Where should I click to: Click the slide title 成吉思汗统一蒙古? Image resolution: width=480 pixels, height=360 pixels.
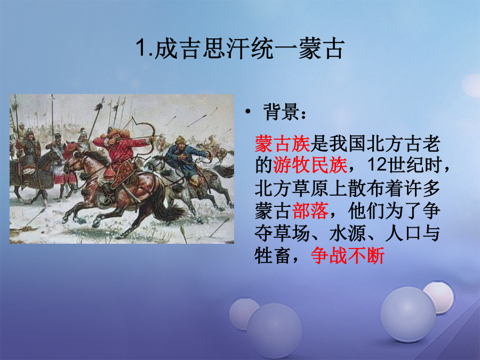(249, 49)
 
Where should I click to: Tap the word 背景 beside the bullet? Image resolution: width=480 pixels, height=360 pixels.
(281, 112)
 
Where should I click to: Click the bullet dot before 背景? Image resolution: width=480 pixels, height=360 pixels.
(248, 112)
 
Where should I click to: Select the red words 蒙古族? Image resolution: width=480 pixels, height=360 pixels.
(283, 143)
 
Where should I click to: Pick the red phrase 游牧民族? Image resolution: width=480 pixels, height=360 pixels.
(310, 165)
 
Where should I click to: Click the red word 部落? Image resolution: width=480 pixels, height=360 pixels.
(310, 211)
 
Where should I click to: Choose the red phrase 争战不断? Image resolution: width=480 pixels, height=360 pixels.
(348, 255)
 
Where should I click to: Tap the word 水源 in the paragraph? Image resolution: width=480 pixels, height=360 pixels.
(348, 233)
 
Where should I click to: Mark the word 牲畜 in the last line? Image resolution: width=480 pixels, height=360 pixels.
(273, 255)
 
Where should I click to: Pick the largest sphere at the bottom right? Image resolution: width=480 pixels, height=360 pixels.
(408, 314)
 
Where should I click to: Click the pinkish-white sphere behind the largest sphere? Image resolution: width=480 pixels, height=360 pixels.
(439, 297)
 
